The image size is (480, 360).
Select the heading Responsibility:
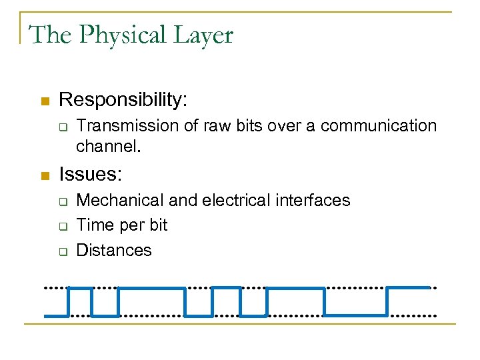(123, 100)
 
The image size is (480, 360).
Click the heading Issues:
(91, 175)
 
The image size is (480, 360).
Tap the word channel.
(107, 145)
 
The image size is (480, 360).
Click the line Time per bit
(122, 225)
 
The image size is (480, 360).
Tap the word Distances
(114, 250)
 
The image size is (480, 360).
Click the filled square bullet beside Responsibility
(45, 101)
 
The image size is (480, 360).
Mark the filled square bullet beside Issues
(45, 176)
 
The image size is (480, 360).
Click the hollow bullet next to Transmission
(62, 127)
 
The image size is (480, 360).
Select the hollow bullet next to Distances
(62, 251)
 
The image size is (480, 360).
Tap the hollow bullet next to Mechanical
(62, 201)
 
